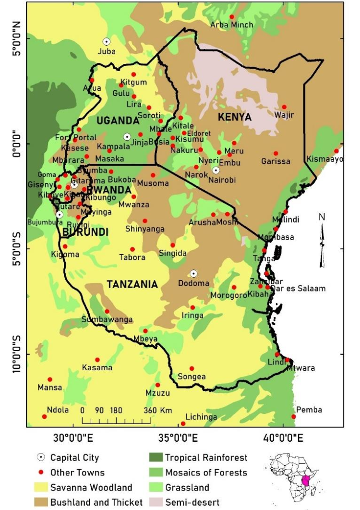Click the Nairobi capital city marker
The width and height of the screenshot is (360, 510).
pos(216,170)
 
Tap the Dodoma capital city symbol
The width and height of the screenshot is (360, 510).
pos(193,273)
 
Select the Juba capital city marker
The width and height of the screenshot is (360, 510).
pos(107,42)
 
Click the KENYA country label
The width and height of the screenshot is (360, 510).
pos(235,117)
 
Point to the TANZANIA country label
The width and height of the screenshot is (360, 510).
pos(132,284)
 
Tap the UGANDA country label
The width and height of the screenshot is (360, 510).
pos(118,120)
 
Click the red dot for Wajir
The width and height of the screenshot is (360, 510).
pos(284,107)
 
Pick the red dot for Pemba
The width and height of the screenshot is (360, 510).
pos(294,416)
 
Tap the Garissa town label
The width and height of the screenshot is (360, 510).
pos(276,161)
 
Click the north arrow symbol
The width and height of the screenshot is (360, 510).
pos(323,240)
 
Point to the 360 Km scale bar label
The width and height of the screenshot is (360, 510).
pos(159,411)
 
